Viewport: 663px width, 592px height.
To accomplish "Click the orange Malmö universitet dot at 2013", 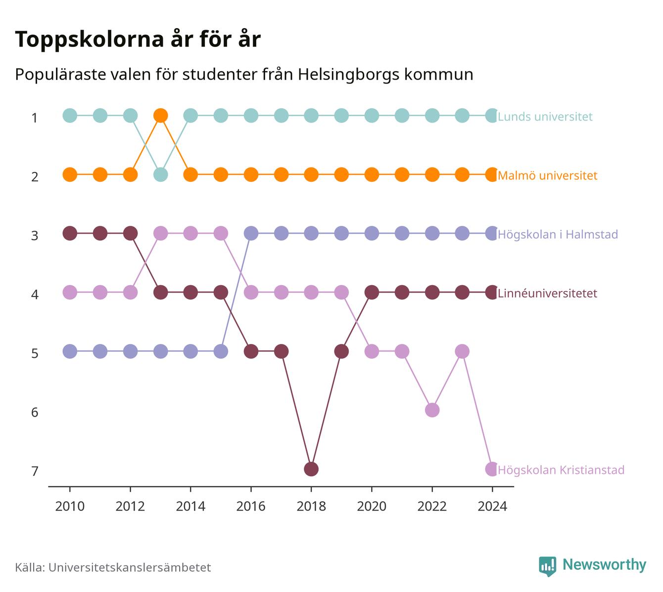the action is point(160,116).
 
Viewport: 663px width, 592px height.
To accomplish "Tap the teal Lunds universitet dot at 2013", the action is point(160,174).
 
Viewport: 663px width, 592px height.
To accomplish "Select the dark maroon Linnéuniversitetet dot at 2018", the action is point(311,469).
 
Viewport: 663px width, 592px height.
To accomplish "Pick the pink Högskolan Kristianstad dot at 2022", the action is point(432,410).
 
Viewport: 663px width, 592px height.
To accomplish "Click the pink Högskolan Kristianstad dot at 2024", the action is point(492,469).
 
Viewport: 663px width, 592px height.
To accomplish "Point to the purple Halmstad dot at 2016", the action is point(251,233).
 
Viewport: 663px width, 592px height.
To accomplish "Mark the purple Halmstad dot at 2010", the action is point(70,351).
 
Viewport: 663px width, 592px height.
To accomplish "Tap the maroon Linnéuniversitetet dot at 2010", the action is point(70,233).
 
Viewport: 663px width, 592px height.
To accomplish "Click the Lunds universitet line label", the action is point(545,116).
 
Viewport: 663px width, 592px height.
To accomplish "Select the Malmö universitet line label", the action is point(548,175).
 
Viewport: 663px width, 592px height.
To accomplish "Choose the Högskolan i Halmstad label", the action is point(558,234).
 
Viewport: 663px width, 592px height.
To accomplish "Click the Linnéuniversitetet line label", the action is point(548,293).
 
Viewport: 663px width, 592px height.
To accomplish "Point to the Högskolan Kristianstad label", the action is point(561,470).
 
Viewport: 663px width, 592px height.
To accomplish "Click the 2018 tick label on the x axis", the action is point(311,507).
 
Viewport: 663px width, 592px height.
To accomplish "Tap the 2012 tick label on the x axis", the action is point(130,507).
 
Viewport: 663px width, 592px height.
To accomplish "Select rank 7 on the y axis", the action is point(35,471).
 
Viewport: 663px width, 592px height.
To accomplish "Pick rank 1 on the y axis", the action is point(35,118).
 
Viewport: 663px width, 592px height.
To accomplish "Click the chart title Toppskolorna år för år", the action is point(138,39).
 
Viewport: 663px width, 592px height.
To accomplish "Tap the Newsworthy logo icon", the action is point(548,566).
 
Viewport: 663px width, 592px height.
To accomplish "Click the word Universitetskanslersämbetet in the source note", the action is point(130,567).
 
